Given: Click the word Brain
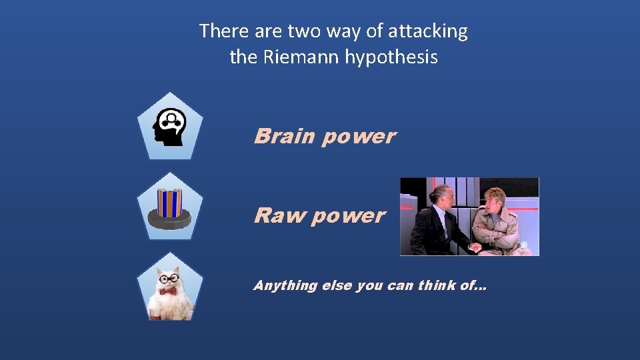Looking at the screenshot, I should [x=284, y=136].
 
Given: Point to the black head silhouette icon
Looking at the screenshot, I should [x=169, y=127].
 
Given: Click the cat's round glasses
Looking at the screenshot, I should [x=169, y=278].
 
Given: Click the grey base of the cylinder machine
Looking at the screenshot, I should [x=170, y=219].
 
